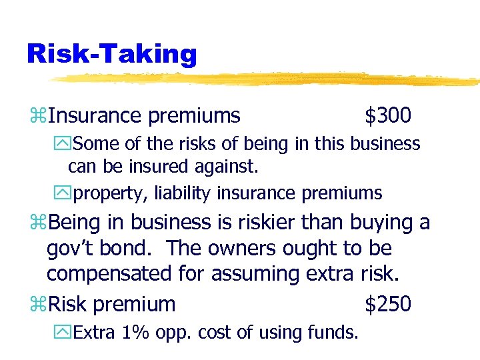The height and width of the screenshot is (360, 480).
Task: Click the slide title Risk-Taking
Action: pyautogui.click(x=111, y=53)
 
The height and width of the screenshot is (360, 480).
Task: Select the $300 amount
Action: pyautogui.click(x=387, y=116)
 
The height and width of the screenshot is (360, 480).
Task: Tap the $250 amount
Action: pyautogui.click(x=387, y=304)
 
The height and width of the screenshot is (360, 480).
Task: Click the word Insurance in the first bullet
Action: pyautogui.click(x=95, y=116)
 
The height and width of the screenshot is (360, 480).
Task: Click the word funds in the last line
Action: pyautogui.click(x=333, y=331)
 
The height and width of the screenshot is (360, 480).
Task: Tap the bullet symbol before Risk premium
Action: pyautogui.click(x=38, y=305)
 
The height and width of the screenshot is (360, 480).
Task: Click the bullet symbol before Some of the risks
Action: pyautogui.click(x=66, y=144)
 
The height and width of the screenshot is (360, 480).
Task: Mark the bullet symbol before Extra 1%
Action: pyautogui.click(x=66, y=331)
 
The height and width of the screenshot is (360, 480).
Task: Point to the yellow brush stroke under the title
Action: pyautogui.click(x=267, y=79)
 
